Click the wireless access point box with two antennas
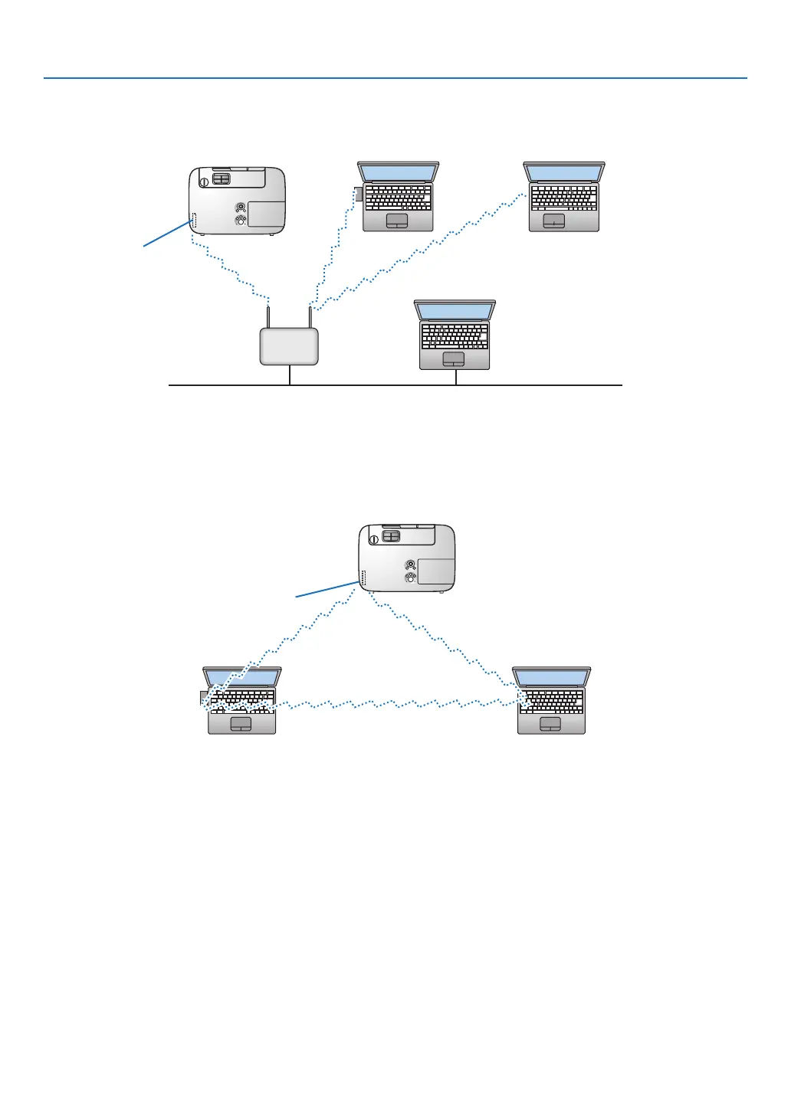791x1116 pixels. [x=289, y=346]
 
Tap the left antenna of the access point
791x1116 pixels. [x=268, y=317]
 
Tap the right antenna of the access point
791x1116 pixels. [x=310, y=317]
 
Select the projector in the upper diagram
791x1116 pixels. [x=237, y=201]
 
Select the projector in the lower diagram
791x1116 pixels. [x=407, y=558]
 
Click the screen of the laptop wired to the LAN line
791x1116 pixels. [x=455, y=311]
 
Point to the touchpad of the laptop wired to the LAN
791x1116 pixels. [x=454, y=358]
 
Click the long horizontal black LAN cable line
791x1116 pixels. [x=537, y=385]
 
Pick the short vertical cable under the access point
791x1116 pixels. [x=290, y=375]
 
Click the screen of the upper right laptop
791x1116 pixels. [x=564, y=172]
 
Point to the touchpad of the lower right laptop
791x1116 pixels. [x=550, y=724]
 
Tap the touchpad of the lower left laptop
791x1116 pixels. [x=241, y=724]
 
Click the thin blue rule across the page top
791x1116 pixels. [x=395, y=78]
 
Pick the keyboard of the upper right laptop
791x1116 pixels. [x=564, y=198]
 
